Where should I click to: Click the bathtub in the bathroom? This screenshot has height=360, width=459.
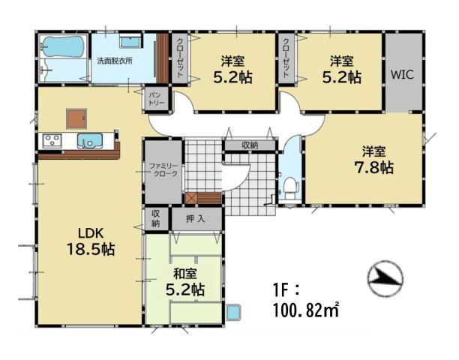[64, 46]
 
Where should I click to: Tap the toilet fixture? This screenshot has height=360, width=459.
[291, 187]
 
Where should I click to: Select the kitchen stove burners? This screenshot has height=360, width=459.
[52, 141]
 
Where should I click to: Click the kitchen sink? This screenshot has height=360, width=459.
[90, 141]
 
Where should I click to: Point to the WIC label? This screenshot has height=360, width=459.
[402, 74]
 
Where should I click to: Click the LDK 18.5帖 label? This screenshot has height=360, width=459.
[91, 241]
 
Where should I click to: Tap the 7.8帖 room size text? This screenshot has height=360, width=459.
[373, 167]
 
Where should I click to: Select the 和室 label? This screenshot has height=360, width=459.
[185, 274]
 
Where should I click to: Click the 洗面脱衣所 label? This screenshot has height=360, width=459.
[115, 61]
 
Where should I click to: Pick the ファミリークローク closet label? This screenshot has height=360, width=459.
[163, 169]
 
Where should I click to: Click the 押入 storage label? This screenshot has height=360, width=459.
[195, 218]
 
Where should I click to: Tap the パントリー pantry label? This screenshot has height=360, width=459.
[157, 99]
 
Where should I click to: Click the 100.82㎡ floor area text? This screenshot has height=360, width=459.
[306, 310]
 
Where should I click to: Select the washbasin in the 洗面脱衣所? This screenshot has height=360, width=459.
[130, 41]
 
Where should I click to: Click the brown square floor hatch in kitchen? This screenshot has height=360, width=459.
[76, 118]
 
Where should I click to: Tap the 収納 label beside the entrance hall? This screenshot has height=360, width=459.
[250, 145]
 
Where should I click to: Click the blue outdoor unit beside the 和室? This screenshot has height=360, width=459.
[233, 312]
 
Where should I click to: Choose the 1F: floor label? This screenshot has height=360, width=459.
[286, 292]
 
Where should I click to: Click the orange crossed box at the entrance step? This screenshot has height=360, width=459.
[191, 198]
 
